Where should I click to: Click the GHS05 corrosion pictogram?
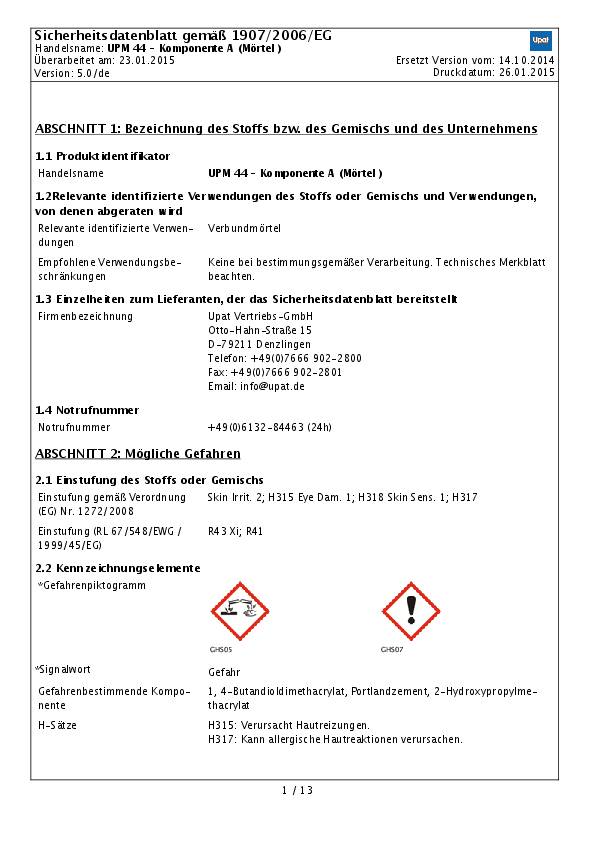point(240,611)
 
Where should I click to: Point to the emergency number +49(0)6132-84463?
point(269,427)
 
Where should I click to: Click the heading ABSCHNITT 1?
point(286,129)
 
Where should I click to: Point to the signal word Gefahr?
point(224,672)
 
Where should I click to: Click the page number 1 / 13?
point(297,791)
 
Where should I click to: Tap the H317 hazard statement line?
point(335,739)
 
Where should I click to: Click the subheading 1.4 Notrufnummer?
point(87,410)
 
